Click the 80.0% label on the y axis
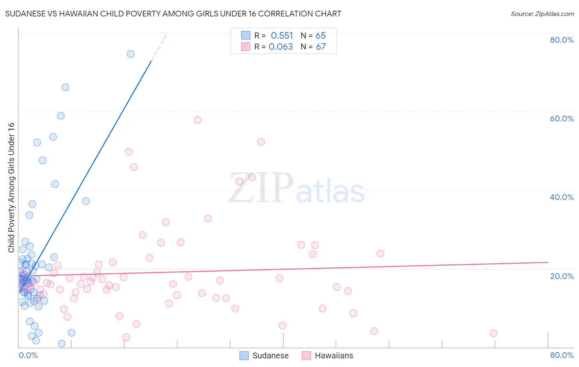(x=562, y=40)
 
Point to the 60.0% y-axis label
(x=562, y=118)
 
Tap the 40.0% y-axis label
(x=562, y=197)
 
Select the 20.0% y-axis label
(x=562, y=276)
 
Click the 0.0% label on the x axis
(x=28, y=355)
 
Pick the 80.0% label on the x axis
(x=562, y=355)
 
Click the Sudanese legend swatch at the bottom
(x=244, y=355)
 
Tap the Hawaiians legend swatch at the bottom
(x=306, y=355)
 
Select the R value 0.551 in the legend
(x=282, y=36)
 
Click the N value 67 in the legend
(x=321, y=47)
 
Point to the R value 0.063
(x=281, y=47)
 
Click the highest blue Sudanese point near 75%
(x=131, y=54)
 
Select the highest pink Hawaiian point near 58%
(x=198, y=120)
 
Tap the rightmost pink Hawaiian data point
(x=493, y=333)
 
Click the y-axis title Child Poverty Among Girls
(x=11, y=187)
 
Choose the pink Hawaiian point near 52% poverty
(x=261, y=142)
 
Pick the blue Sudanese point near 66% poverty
(x=65, y=87)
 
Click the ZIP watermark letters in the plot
(x=261, y=188)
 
